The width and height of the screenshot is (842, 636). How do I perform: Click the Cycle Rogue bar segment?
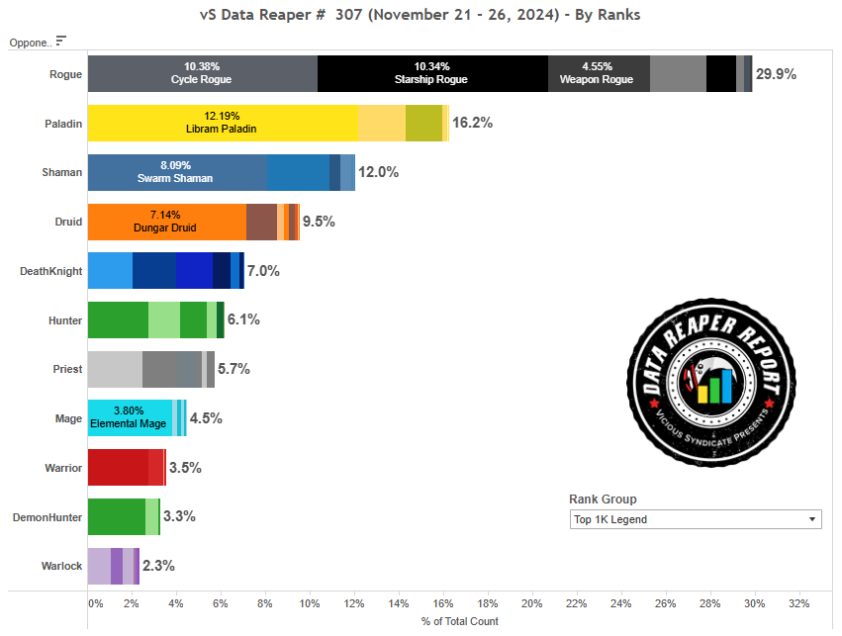[x=202, y=73]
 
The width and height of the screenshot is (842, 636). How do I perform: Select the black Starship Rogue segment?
[x=432, y=73]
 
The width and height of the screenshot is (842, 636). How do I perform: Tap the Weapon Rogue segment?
[x=599, y=73]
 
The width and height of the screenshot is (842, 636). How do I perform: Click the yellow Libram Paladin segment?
[x=222, y=123]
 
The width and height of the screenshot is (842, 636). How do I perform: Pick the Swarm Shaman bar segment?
[x=176, y=172]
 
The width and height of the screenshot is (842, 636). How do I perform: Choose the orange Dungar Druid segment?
[x=166, y=221]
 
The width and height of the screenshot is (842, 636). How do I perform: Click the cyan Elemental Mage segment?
[x=130, y=417]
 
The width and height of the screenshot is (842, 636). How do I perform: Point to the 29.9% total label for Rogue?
[x=777, y=74]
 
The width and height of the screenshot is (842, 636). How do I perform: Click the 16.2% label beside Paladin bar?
[x=472, y=123]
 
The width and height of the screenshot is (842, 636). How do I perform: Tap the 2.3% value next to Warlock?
[x=158, y=566]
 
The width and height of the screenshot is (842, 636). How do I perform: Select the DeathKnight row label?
[x=51, y=271]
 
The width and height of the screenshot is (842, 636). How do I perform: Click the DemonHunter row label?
[x=47, y=516]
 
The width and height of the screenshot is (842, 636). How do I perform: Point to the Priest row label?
[x=67, y=369]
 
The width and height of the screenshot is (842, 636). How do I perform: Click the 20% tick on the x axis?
[x=531, y=602]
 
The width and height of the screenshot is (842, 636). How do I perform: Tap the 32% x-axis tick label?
[x=798, y=602]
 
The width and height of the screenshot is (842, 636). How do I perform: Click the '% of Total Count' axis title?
[x=459, y=621]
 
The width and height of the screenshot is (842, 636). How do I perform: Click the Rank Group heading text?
[x=603, y=500]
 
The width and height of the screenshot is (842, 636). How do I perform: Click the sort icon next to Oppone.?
[x=61, y=41]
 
